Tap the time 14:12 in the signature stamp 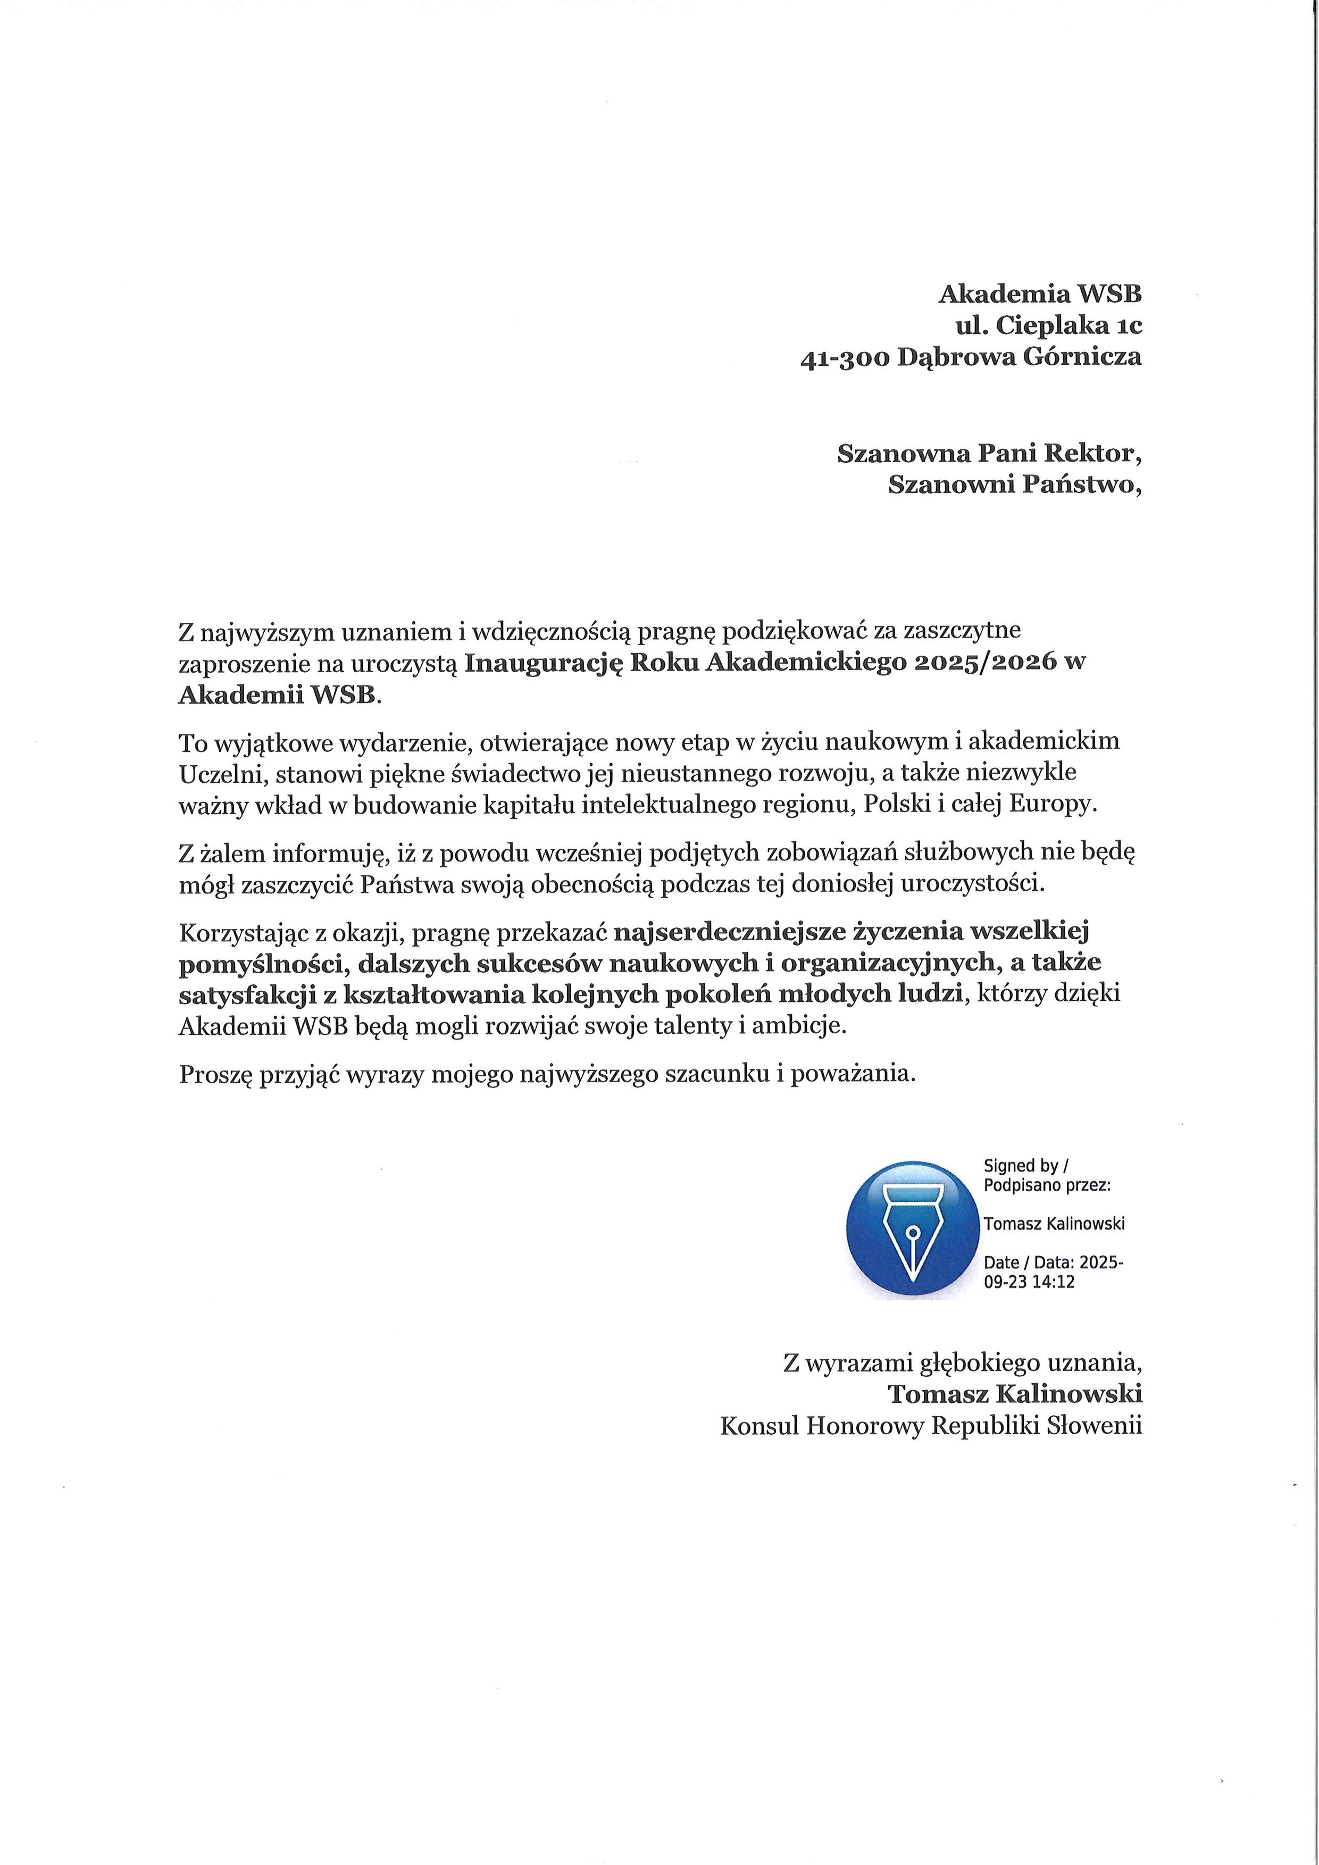coord(1054,1283)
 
